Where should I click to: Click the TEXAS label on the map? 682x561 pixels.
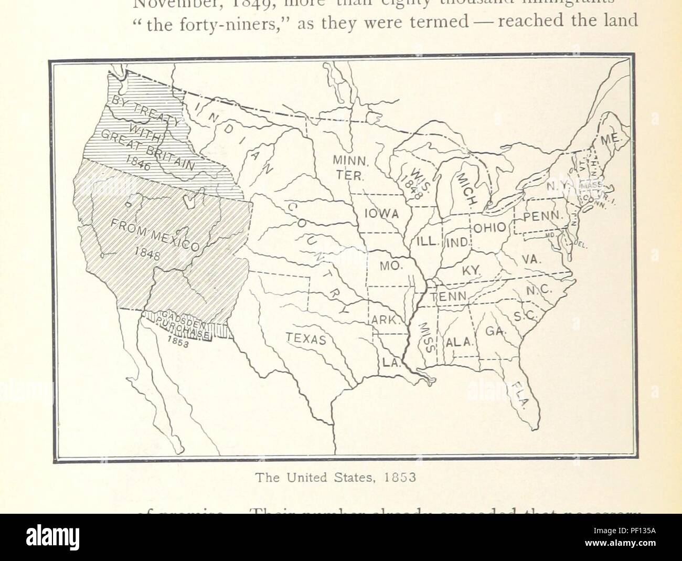(x=306, y=339)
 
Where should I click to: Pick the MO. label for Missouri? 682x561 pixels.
(x=390, y=265)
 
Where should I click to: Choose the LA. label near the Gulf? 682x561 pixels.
(x=389, y=362)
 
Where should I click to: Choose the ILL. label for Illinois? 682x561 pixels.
(x=427, y=241)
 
